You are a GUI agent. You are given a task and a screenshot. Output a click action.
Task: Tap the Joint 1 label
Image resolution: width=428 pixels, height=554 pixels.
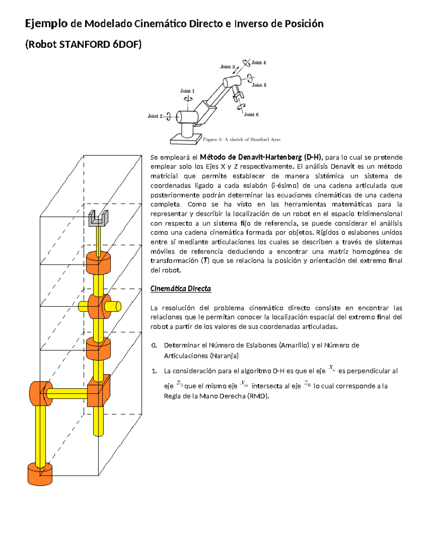187,91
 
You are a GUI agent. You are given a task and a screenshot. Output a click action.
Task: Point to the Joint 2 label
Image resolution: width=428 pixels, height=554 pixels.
155,116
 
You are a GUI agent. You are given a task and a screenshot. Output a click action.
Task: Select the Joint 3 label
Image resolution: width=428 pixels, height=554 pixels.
228,67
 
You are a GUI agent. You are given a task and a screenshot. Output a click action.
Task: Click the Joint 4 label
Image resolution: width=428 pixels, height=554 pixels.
259,62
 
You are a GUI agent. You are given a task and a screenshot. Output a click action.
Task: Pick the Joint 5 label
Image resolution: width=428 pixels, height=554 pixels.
259,85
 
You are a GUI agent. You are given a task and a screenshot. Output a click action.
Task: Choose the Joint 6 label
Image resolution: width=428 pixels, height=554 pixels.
251,115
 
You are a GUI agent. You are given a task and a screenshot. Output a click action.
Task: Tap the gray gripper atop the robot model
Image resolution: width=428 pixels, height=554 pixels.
98,218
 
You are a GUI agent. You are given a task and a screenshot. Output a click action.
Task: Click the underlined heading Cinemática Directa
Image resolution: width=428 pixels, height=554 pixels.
181,289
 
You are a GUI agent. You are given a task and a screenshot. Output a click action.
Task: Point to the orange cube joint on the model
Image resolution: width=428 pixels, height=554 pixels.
99,391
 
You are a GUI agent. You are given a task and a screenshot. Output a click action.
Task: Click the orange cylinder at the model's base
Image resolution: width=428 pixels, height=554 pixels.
40,474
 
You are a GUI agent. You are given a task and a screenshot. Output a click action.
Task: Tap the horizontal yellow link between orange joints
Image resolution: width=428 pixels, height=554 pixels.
67,393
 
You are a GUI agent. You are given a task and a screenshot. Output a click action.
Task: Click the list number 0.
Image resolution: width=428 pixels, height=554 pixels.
154,345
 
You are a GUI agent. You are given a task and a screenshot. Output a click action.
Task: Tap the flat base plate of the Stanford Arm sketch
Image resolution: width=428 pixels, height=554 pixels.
186,139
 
